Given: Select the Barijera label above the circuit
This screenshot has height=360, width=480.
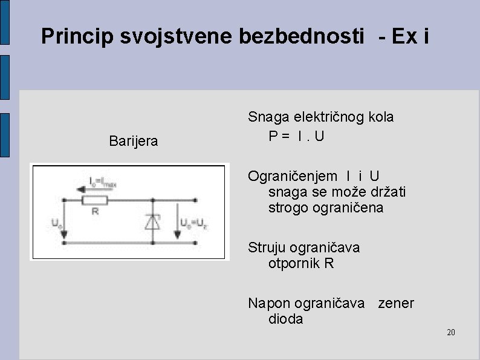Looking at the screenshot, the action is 134,142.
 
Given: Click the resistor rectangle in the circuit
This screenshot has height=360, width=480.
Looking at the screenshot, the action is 95,200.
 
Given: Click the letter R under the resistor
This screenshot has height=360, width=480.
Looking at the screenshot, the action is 96,212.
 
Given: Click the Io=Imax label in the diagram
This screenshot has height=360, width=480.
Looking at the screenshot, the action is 105,180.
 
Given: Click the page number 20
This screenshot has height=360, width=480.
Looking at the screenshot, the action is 450,332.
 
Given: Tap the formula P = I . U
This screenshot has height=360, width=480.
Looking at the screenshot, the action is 297,136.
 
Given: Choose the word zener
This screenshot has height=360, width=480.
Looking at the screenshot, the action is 396,303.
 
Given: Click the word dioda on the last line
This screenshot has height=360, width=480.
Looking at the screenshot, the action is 286,319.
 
